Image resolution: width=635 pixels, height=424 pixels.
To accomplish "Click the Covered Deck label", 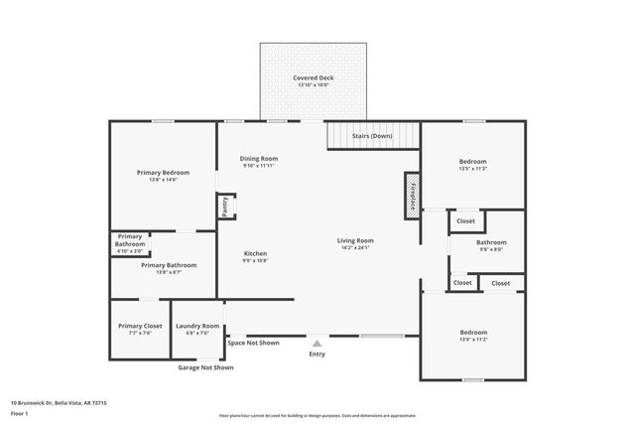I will pyautogui.click(x=313, y=77).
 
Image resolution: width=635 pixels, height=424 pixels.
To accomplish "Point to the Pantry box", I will pyautogui.click(x=224, y=207).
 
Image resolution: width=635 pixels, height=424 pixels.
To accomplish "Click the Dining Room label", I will pyautogui.click(x=260, y=159).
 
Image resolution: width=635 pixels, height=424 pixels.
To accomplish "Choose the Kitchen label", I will pyautogui.click(x=255, y=253).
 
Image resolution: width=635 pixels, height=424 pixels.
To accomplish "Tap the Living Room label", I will pyautogui.click(x=355, y=240).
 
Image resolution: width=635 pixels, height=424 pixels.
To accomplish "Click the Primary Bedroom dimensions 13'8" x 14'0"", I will pyautogui.click(x=163, y=180).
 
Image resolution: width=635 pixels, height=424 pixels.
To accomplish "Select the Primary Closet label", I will pyautogui.click(x=140, y=326).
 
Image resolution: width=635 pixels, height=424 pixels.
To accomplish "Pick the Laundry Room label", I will pyautogui.click(x=197, y=326).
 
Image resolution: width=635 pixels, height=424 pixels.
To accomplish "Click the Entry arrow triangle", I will pyautogui.click(x=317, y=343).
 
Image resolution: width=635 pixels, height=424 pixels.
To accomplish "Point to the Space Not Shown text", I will pyautogui.click(x=253, y=343).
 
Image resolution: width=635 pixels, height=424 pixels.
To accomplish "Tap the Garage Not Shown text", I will pyautogui.click(x=205, y=367).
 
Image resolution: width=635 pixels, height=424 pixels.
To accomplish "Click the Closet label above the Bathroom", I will pyautogui.click(x=465, y=220).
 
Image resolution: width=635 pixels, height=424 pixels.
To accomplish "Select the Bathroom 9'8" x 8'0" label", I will pyautogui.click(x=491, y=246).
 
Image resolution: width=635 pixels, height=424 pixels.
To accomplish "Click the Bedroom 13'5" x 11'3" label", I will pyautogui.click(x=472, y=165).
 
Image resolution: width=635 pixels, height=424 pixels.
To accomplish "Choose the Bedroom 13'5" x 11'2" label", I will pyautogui.click(x=472, y=336).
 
